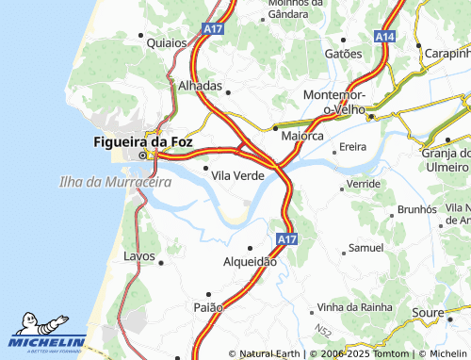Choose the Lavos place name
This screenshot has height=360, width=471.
[138, 255]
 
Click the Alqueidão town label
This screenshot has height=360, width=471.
[250, 262]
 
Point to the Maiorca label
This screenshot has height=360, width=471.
[302, 137]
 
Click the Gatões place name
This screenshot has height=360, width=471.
[343, 54]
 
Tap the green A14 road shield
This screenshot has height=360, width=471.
[384, 36]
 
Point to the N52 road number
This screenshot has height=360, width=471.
[324, 332]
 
